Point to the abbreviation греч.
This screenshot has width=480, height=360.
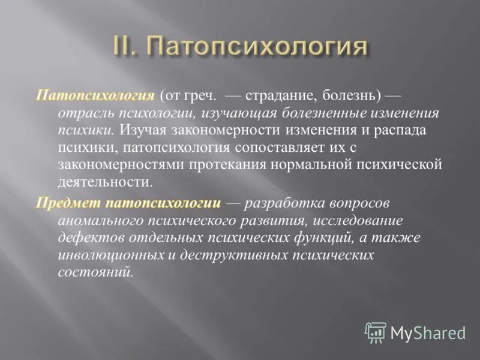[x=202, y=95]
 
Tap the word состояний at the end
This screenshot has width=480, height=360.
[x=95, y=272]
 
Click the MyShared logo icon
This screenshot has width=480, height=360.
[x=376, y=332]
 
